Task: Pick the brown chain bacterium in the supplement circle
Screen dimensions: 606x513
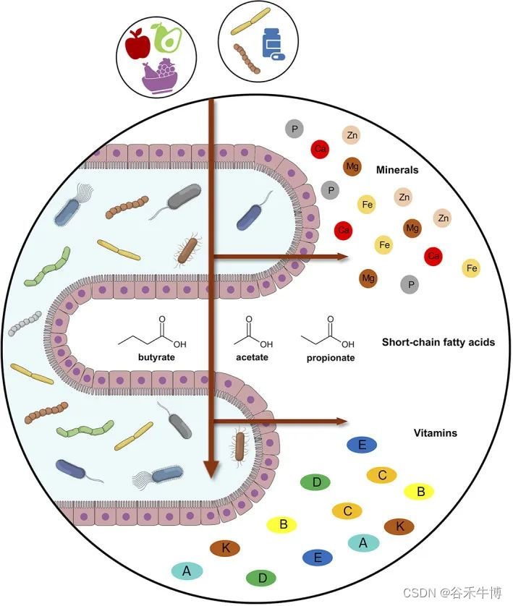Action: pyautogui.click(x=247, y=59)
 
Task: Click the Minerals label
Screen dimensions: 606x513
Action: pyautogui.click(x=397, y=171)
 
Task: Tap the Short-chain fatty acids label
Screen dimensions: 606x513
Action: pyautogui.click(x=438, y=341)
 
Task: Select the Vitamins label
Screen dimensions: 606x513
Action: pyautogui.click(x=434, y=433)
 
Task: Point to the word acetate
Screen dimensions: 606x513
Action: pyautogui.click(x=253, y=357)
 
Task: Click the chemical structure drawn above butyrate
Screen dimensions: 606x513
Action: pyautogui.click(x=153, y=334)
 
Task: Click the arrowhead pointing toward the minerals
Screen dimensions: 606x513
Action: pyautogui.click(x=341, y=256)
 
